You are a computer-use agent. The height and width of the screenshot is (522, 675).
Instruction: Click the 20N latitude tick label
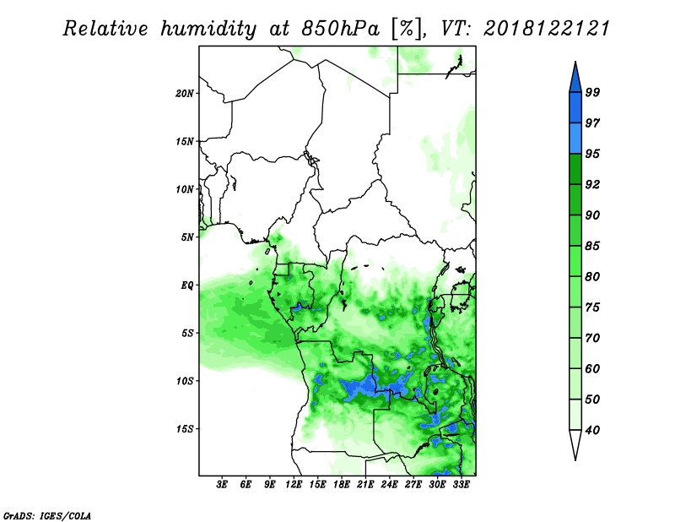coord(184,94)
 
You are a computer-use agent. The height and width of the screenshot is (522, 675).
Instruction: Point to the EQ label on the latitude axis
coord(186,285)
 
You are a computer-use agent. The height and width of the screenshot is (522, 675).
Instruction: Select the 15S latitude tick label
coord(184,429)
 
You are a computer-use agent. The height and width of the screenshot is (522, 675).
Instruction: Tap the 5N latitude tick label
coord(186,237)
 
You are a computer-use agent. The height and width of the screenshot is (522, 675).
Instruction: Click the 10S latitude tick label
coord(184,381)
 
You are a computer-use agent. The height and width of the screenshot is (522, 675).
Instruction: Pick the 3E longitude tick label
coord(222,484)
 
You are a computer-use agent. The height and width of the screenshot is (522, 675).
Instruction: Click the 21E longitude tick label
coord(365,484)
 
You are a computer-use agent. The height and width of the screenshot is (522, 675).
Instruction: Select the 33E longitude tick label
coord(461,484)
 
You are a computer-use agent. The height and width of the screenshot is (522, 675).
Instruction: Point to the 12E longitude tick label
coord(294,484)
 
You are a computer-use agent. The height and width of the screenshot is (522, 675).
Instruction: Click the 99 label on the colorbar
coord(592,92)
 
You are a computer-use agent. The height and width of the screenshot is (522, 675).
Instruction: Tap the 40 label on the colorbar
coord(592,430)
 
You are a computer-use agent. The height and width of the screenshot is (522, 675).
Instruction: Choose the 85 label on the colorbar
coord(592,246)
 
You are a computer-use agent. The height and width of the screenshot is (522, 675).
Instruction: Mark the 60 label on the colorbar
coord(592,369)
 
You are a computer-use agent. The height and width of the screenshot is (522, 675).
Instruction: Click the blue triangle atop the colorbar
coord(575,79)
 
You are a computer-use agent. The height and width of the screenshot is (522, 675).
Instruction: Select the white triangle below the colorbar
coord(575,443)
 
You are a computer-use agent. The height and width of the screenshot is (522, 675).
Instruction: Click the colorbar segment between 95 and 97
coord(575,139)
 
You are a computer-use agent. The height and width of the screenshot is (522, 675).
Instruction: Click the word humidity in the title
coord(208,30)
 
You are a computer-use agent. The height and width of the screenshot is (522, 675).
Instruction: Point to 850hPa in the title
coord(340,29)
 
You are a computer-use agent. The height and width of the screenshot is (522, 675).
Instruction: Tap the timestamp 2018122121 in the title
coord(547,29)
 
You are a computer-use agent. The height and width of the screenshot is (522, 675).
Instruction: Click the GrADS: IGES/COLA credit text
coord(47,515)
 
